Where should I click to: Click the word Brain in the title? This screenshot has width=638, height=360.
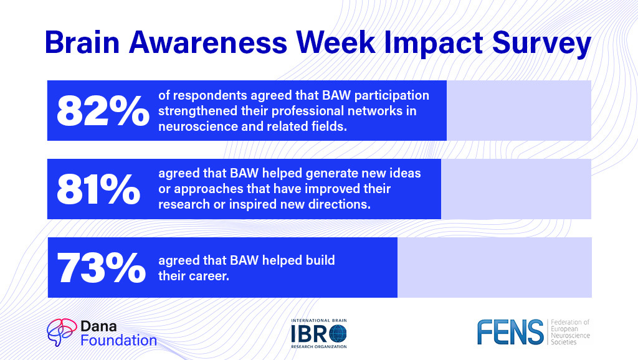click(82, 42)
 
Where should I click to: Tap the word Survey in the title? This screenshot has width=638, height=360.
click(541, 44)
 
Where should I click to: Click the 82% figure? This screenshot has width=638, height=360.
click(103, 111)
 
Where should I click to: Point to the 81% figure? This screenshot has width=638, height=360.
click(98, 189)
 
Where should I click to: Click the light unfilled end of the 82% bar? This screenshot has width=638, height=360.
click(519, 111)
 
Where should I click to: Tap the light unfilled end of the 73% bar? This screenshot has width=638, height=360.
click(494, 268)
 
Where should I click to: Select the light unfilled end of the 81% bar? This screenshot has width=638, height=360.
click(516, 189)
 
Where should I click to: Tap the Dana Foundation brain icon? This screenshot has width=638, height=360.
click(62, 333)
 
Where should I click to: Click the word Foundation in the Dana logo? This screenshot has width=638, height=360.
click(118, 340)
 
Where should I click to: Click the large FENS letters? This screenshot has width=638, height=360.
click(510, 332)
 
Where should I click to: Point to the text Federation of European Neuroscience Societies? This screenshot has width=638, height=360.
click(570, 333)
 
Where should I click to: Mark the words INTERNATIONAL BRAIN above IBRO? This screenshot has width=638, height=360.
click(319, 321)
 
